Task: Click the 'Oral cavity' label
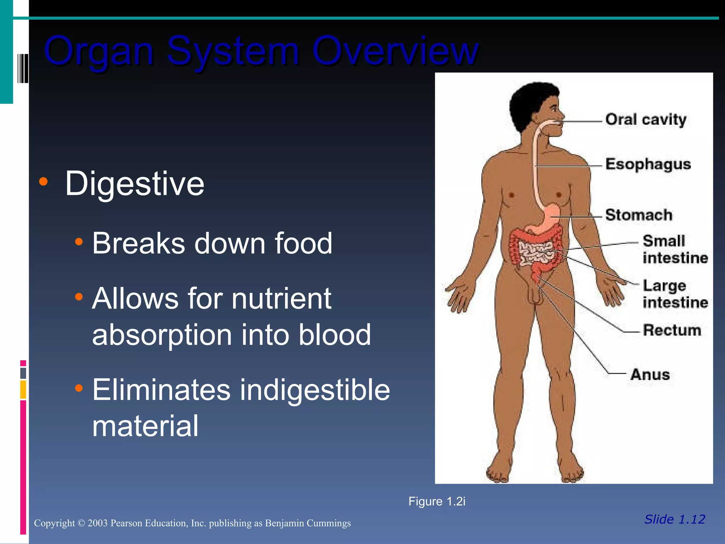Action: click(x=646, y=119)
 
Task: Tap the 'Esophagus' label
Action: click(x=648, y=164)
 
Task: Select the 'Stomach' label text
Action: click(x=639, y=215)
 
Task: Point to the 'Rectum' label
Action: click(x=672, y=330)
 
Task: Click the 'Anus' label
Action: click(x=650, y=374)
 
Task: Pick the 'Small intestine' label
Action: click(x=675, y=249)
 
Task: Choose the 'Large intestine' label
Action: click(x=675, y=294)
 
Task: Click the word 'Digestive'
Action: click(x=135, y=183)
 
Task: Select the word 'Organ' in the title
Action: click(x=99, y=51)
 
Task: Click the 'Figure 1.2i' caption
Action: click(x=437, y=501)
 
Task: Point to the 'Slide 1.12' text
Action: click(x=675, y=519)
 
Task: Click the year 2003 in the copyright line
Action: click(x=97, y=523)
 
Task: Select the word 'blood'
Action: click(x=335, y=335)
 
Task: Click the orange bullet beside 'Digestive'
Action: click(x=44, y=182)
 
